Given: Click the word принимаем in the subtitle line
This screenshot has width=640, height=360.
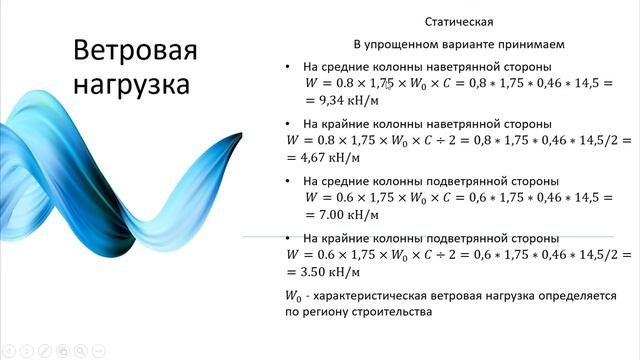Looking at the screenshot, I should coord(529,44).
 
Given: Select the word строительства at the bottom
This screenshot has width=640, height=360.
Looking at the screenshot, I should coord(397,312).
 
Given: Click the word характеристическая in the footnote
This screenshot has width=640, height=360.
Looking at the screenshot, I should coord(378,296).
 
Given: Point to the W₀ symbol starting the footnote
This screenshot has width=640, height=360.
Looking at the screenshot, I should coord(294,296).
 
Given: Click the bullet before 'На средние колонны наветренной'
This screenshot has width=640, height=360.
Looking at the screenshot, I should coord(289,67).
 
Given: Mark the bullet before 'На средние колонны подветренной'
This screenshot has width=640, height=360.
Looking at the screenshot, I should coord(289,181).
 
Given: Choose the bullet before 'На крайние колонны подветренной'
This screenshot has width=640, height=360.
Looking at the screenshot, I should coord(289,238).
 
